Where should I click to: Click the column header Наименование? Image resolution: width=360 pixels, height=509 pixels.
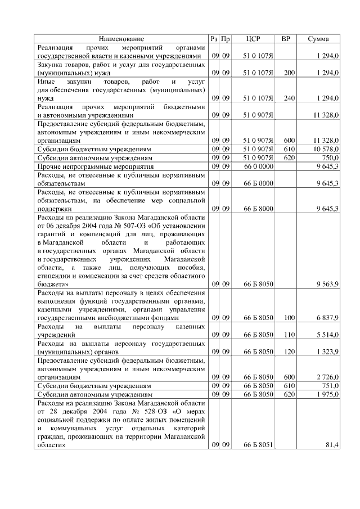click(x=121, y=39)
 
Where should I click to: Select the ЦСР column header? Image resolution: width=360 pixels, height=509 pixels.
click(x=253, y=39)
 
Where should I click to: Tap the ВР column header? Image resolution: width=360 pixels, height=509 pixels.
click(x=286, y=39)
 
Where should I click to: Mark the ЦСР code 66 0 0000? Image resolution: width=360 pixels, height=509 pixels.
click(x=258, y=167)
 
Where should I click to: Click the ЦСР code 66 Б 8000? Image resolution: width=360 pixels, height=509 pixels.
click(x=258, y=209)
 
